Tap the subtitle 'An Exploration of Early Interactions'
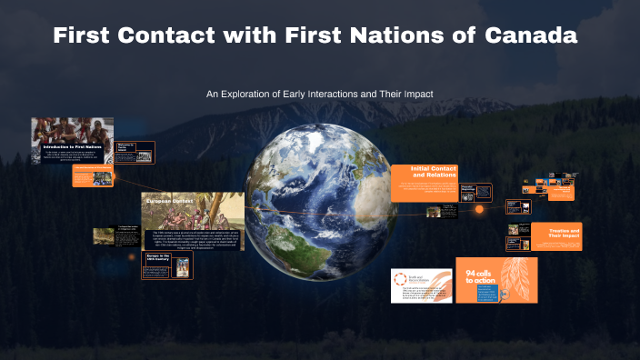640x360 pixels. [x=318, y=94]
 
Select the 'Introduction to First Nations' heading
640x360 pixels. [x=71, y=145]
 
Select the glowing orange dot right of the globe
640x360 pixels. [x=479, y=210]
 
